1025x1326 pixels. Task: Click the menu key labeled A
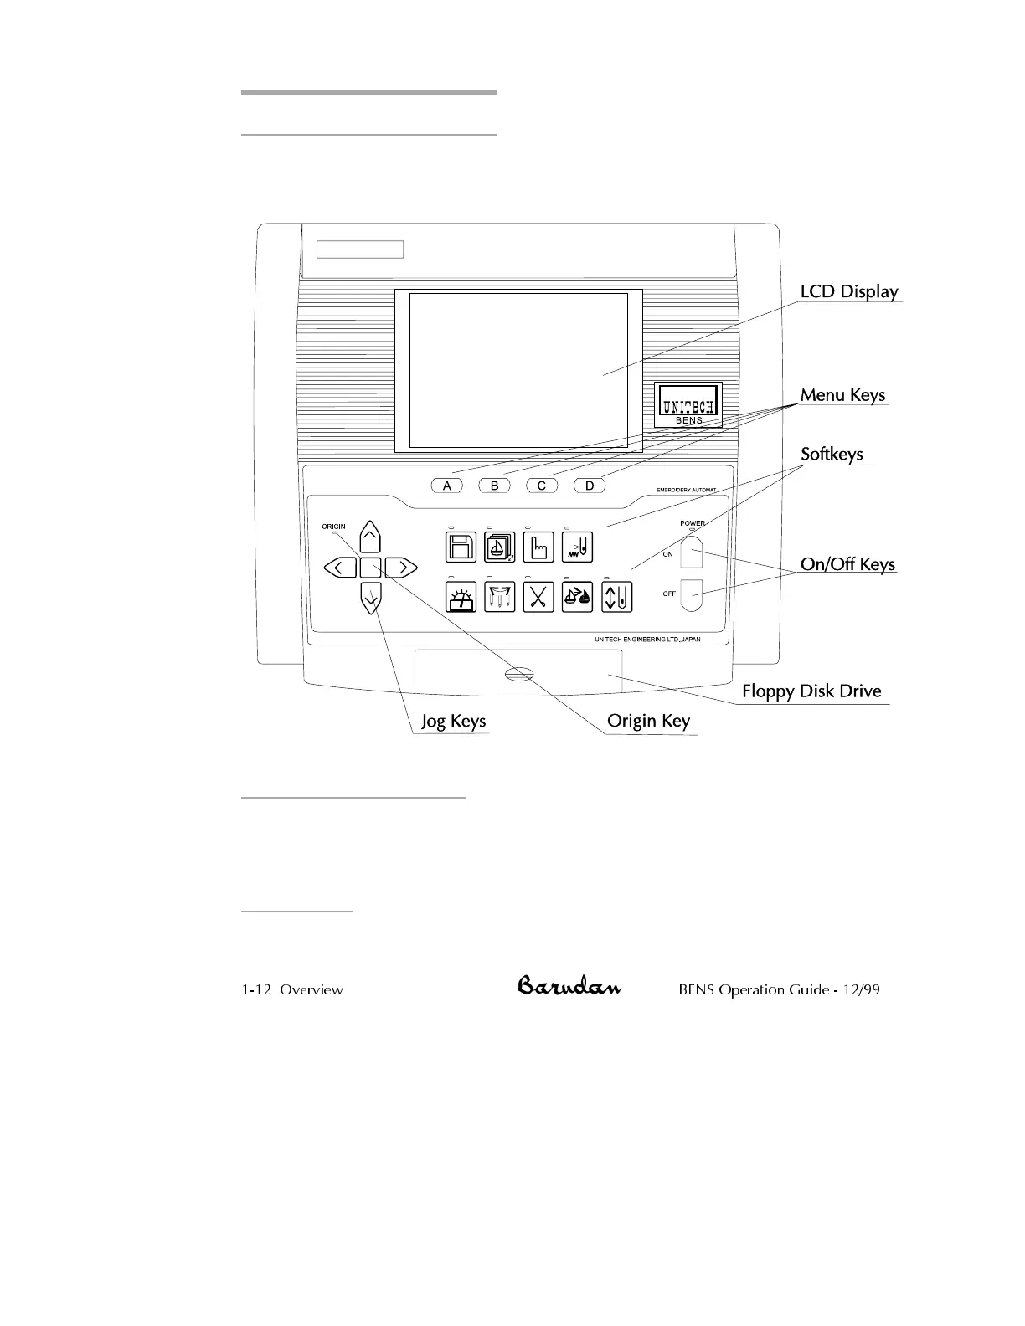[447, 486]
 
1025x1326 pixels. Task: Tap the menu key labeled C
[542, 486]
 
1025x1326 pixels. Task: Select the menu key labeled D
[590, 486]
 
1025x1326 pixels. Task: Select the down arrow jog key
[370, 599]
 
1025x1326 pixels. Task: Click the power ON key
[691, 552]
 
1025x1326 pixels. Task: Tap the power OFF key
[691, 594]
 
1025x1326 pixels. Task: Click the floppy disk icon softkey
[461, 547]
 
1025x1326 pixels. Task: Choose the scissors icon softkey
[538, 597]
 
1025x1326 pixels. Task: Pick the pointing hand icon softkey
[538, 547]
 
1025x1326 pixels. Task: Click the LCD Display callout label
[848, 291]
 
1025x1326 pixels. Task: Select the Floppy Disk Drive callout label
[811, 691]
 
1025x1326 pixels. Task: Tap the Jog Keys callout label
[453, 722]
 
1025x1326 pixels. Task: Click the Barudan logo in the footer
[569, 987]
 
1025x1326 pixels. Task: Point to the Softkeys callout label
[832, 454]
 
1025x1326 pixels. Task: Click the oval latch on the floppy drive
[519, 676]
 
